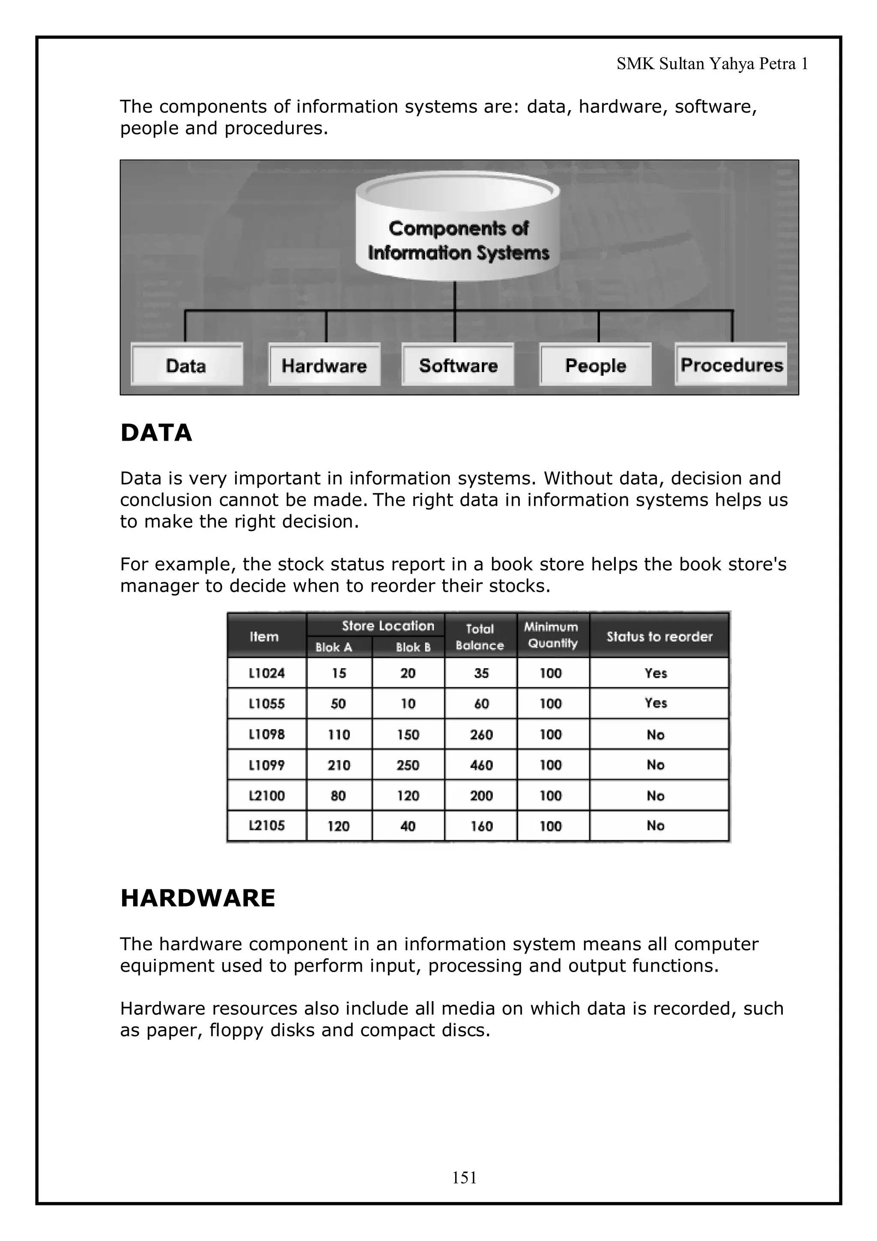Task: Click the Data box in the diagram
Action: (x=186, y=365)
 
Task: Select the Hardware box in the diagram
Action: (x=324, y=365)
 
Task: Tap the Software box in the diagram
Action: (x=458, y=365)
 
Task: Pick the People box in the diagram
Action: (x=596, y=365)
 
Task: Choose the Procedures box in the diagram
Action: (x=731, y=365)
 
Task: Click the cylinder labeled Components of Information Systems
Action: (x=458, y=233)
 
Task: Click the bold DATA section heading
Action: (x=156, y=433)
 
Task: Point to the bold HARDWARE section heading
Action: (x=198, y=898)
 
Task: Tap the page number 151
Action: (x=464, y=1177)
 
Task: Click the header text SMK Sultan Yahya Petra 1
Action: (x=712, y=64)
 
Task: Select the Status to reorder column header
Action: (x=659, y=636)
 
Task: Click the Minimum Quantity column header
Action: (x=551, y=635)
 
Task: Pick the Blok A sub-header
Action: (x=334, y=647)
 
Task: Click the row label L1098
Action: (x=266, y=734)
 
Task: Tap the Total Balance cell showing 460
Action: (x=481, y=765)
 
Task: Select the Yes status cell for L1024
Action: (x=656, y=673)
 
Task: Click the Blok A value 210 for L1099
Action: (x=339, y=765)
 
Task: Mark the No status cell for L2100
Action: (x=656, y=796)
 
